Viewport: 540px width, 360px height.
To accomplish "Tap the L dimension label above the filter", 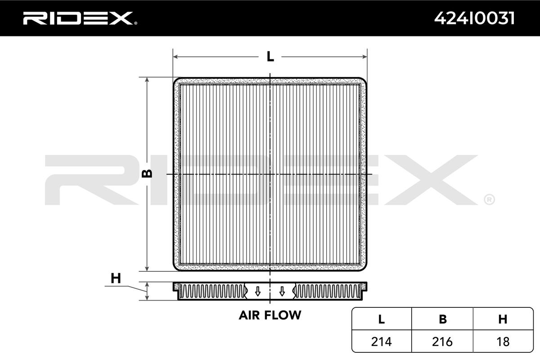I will pyautogui.click(x=270, y=57).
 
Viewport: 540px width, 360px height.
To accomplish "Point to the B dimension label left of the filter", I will pyautogui.click(x=147, y=174).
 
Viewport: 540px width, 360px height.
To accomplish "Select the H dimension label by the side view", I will pyautogui.click(x=116, y=279).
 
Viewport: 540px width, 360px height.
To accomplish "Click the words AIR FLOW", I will pyautogui.click(x=270, y=315).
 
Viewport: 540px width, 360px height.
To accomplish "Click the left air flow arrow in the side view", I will pyautogui.click(x=257, y=291).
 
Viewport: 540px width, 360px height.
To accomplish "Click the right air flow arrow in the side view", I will pyautogui.click(x=282, y=291).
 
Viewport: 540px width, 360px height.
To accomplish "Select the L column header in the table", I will pyautogui.click(x=381, y=319).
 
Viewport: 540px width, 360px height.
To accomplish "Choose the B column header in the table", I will pyautogui.click(x=443, y=319).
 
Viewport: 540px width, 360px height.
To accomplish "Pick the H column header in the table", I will pyautogui.click(x=503, y=319).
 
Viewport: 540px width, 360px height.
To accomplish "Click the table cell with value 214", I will pyautogui.click(x=381, y=342).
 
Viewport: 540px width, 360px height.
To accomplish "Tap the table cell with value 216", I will pyautogui.click(x=443, y=342).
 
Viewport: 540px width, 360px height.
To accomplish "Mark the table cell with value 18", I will pyautogui.click(x=503, y=342).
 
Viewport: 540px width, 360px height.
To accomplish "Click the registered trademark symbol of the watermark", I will pyautogui.click(x=489, y=199).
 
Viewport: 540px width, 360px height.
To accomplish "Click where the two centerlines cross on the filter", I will pyautogui.click(x=270, y=174).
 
